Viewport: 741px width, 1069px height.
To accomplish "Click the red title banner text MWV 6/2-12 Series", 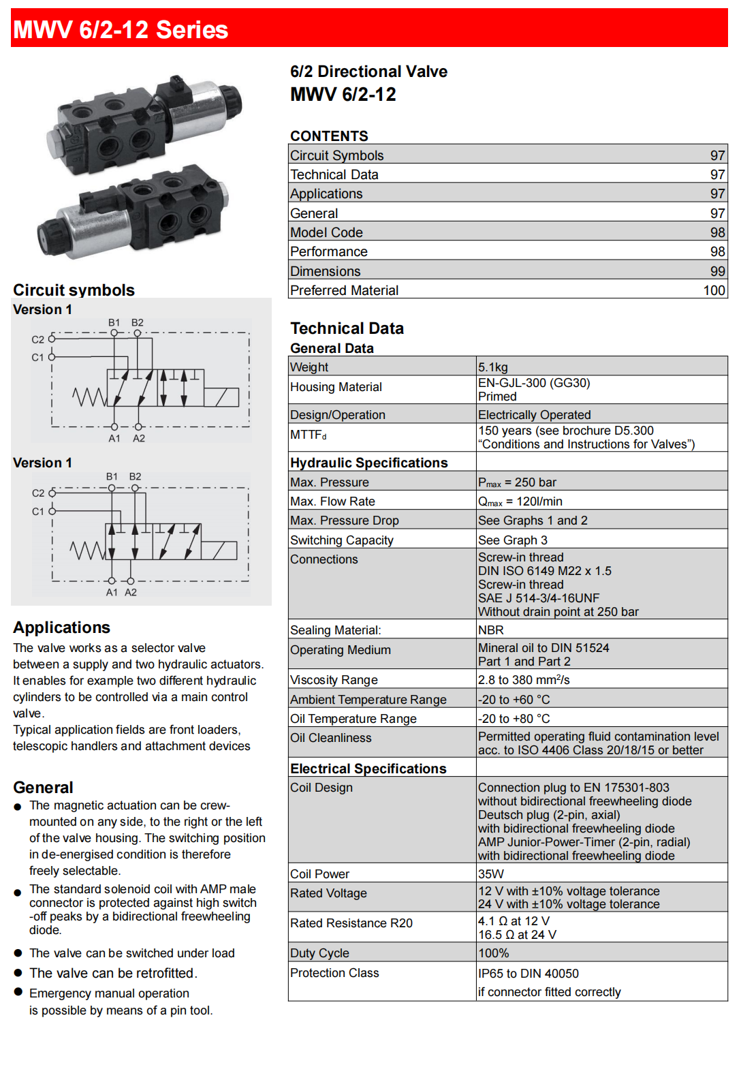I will [x=121, y=30].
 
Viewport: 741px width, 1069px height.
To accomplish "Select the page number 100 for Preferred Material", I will [x=714, y=290].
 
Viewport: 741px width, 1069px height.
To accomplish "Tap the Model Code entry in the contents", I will [x=326, y=232].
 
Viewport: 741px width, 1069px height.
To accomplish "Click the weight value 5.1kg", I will [x=492, y=367].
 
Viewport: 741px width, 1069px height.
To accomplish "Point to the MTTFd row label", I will [x=308, y=435].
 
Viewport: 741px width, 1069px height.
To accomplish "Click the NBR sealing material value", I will [x=490, y=630].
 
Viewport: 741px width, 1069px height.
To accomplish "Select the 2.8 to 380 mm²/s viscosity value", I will [x=523, y=680].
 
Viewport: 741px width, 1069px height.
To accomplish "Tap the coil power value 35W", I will [x=490, y=874].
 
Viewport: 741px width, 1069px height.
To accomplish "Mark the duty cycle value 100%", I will [x=493, y=953].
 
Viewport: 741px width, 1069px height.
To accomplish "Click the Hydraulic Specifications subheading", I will [x=368, y=463].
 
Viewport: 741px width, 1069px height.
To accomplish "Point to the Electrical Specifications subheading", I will [x=368, y=769].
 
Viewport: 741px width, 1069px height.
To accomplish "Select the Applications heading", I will [x=61, y=628].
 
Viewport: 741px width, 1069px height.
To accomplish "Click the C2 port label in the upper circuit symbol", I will [x=37, y=339].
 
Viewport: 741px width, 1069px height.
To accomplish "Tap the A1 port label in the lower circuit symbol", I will [x=112, y=593].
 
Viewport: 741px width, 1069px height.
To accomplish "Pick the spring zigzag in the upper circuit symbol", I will [x=89, y=396].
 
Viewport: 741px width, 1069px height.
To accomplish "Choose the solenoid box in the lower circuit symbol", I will [x=219, y=551].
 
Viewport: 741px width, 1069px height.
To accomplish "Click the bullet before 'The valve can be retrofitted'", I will [x=18, y=973].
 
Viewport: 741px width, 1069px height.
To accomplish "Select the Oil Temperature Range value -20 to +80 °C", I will [x=514, y=719].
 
